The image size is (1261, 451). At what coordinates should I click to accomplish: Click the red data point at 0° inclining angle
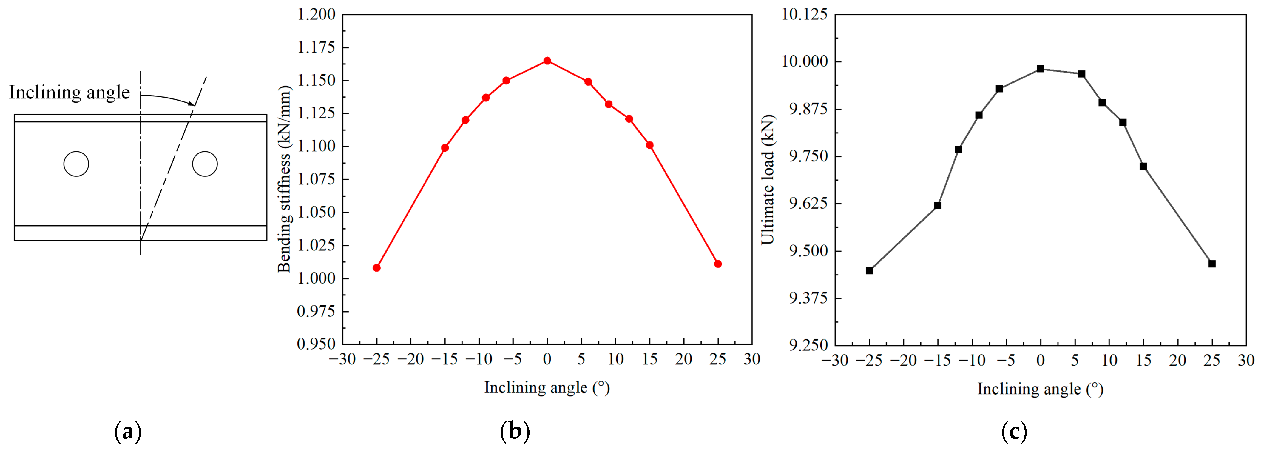point(547,61)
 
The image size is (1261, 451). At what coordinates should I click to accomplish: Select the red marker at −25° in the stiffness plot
point(376,268)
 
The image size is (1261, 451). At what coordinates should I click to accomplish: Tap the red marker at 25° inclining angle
point(718,264)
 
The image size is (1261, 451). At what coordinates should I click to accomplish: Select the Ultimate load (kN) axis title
point(768,179)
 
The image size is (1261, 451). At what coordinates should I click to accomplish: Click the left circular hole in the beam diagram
point(76,164)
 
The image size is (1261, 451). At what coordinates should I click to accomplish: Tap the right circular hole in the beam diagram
point(205,164)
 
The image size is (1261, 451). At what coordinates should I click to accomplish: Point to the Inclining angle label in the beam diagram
point(70,93)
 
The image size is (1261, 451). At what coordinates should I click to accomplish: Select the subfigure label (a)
point(128,431)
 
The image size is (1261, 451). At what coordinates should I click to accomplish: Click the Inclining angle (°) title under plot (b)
point(547,387)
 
